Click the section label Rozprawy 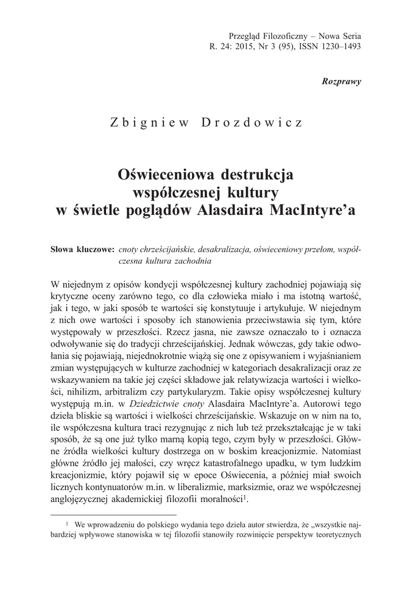click(x=341, y=81)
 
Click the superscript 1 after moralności click(x=247, y=497)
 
